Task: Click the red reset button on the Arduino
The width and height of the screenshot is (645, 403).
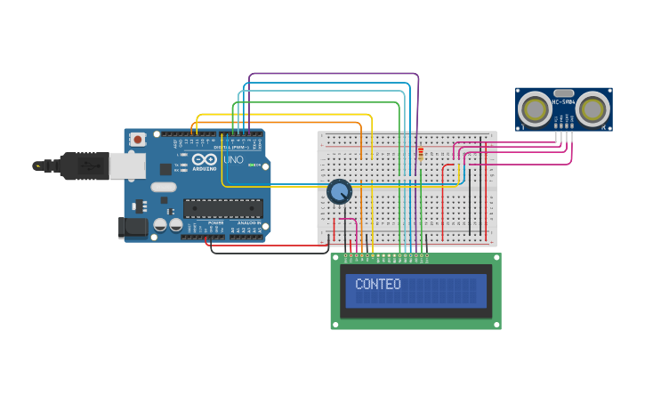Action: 138,139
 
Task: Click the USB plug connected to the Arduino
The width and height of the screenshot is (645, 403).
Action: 85,165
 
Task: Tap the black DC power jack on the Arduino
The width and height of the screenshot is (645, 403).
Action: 133,228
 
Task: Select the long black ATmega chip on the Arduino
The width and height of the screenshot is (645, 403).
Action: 222,208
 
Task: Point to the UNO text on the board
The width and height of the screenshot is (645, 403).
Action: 233,160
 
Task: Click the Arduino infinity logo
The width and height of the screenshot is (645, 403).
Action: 204,159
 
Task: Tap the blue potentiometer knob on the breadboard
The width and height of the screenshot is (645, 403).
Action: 339,191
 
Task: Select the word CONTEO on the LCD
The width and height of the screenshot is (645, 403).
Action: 378,285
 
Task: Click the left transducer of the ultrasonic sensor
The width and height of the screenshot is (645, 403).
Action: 536,109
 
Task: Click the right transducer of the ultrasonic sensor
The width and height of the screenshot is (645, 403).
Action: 593,109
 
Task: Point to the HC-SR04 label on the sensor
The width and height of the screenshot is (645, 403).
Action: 564,101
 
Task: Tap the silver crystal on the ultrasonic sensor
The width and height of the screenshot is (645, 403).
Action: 563,93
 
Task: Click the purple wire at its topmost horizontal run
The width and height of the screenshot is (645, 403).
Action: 334,74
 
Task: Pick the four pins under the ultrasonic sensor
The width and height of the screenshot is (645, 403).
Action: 563,127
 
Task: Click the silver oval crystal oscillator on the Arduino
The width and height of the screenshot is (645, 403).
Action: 164,187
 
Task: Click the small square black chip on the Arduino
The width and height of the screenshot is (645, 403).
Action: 165,168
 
